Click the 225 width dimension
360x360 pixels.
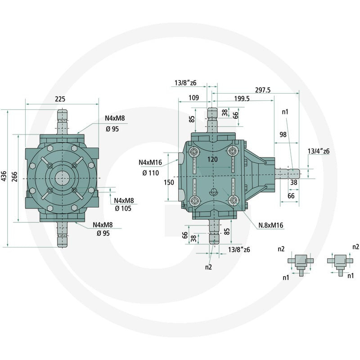point(60,99)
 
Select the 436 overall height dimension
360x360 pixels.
point(4,176)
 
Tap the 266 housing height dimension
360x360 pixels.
point(14,176)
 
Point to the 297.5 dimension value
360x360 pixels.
point(263,90)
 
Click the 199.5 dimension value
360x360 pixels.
point(242,99)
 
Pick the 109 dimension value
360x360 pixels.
point(193,98)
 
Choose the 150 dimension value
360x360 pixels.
point(169,182)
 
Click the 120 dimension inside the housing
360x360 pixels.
point(212,159)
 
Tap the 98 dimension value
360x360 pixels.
point(283,134)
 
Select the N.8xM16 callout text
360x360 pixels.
point(271,225)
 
